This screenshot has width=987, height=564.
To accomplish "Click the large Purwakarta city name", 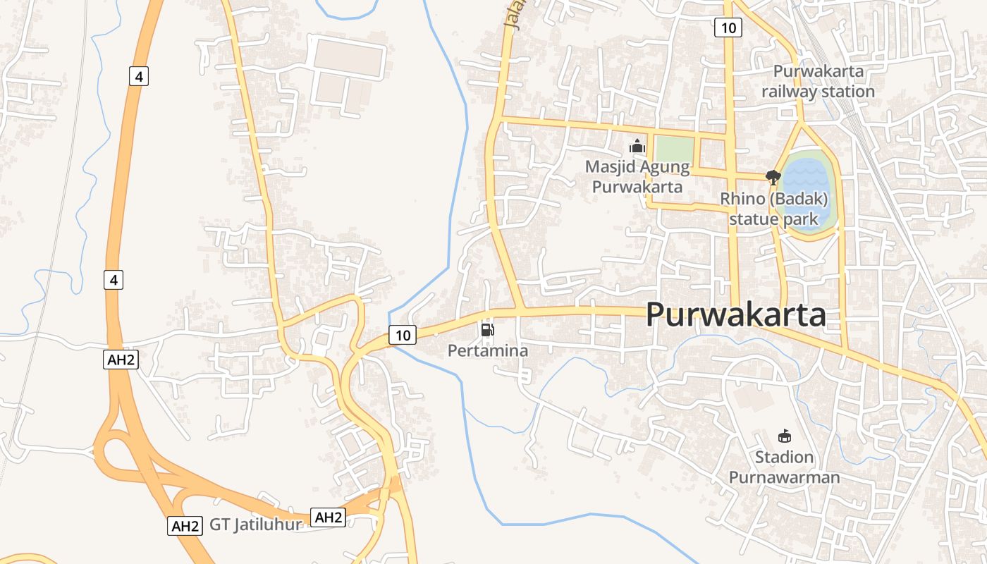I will click(x=735, y=315).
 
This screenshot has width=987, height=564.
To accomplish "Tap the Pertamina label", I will click(x=488, y=350).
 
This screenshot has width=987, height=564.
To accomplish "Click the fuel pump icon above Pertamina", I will click(x=487, y=329).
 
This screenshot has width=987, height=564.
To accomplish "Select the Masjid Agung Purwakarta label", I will click(x=637, y=177).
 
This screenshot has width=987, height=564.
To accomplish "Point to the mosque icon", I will click(x=637, y=147).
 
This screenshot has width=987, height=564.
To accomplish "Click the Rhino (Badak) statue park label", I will click(x=773, y=209).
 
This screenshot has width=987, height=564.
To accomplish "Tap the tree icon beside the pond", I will click(x=773, y=177).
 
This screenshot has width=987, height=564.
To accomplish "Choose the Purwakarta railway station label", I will click(x=818, y=81).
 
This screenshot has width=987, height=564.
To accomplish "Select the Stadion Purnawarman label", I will click(x=784, y=467).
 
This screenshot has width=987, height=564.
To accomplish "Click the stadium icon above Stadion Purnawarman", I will click(x=784, y=436).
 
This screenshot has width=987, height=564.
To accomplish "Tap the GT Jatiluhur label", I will click(x=256, y=525).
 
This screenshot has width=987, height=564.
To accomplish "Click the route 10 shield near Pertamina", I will click(x=403, y=335).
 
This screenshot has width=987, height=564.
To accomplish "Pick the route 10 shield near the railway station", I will click(x=728, y=27).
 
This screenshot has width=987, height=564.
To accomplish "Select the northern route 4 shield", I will click(x=139, y=76).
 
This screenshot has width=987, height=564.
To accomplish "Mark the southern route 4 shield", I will click(x=114, y=280).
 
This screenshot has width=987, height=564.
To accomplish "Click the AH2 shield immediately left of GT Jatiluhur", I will click(x=185, y=526).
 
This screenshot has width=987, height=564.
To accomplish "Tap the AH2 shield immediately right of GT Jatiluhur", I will click(x=328, y=517).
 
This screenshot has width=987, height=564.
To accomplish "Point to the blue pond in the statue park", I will click(x=807, y=187).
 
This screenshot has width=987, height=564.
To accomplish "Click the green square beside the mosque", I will click(x=674, y=149).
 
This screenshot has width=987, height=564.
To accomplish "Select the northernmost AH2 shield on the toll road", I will click(x=121, y=360).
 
